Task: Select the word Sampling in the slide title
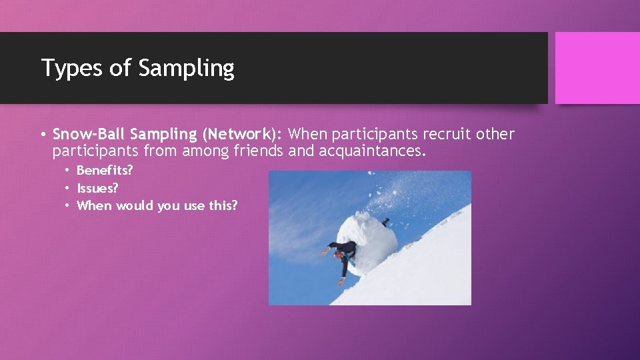(187, 69)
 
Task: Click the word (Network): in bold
(238, 134)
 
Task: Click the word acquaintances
(371, 151)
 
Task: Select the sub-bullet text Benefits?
(105, 171)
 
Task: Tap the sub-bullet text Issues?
(97, 188)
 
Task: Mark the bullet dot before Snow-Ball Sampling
(42, 135)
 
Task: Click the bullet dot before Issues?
(67, 189)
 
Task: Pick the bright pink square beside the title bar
(597, 68)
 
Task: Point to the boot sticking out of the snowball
(385, 221)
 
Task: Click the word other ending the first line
(495, 134)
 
